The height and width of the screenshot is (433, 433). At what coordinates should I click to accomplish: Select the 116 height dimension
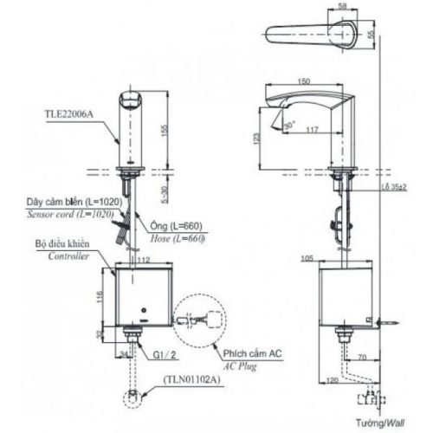(x=101, y=297)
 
